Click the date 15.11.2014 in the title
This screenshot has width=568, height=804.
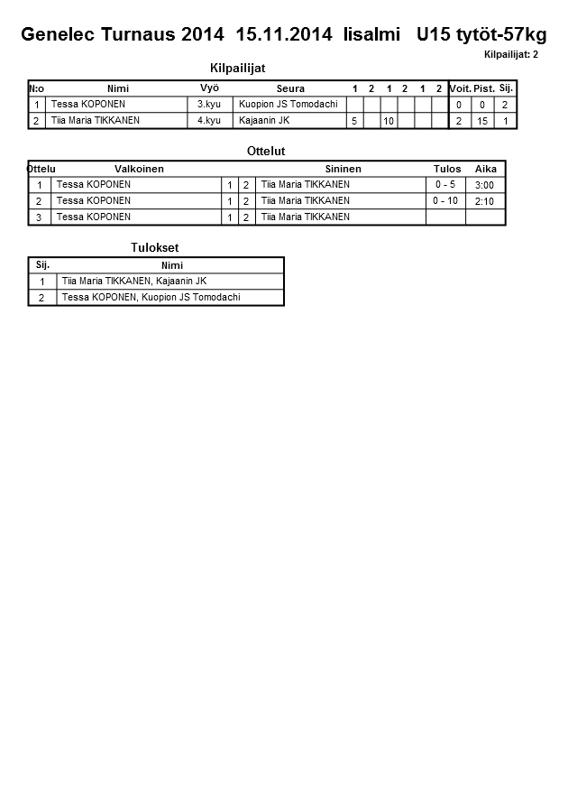tap(284, 35)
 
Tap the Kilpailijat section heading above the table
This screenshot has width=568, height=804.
tap(237, 69)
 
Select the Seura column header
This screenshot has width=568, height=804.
tap(290, 88)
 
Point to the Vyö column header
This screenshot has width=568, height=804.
tap(209, 88)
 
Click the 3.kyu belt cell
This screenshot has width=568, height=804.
tap(208, 104)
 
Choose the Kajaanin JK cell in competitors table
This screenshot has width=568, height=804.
tap(264, 120)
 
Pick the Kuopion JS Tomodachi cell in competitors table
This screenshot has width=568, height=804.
tap(288, 104)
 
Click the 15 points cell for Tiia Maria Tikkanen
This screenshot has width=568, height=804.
tap(482, 120)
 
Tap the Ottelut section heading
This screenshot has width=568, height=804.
tap(266, 152)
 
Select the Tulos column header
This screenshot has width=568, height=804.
tap(446, 169)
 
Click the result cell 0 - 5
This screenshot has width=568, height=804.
tap(445, 184)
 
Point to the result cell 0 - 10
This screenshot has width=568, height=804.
tap(445, 200)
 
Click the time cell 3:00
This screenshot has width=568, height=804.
tap(484, 185)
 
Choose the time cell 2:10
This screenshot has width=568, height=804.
tap(484, 201)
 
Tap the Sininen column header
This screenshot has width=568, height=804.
tap(343, 169)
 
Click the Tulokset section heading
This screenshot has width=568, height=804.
tap(155, 247)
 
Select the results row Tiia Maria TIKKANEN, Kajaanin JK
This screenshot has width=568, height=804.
tap(134, 281)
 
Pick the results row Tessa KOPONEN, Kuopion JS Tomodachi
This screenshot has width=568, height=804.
tap(151, 297)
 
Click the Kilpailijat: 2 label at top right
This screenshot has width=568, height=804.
tap(511, 55)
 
